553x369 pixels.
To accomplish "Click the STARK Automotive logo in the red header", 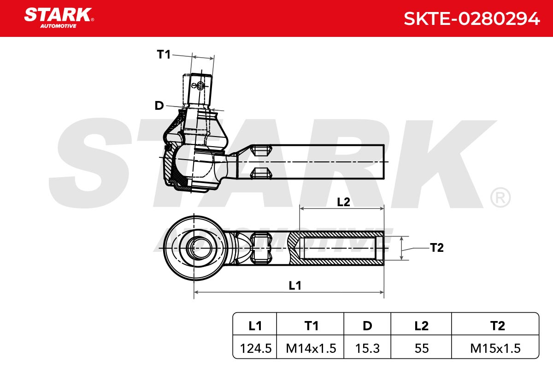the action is [x=59, y=18].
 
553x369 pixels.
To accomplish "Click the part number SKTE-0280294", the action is [x=471, y=19].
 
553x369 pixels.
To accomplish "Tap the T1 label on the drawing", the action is [x=164, y=54].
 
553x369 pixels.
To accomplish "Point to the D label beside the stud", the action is [x=159, y=106].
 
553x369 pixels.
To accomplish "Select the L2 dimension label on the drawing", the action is [x=343, y=202].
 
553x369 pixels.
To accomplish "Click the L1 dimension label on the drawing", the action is [x=295, y=286].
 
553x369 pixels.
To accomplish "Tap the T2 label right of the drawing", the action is [x=437, y=248].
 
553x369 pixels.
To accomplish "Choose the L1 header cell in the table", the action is [x=255, y=326].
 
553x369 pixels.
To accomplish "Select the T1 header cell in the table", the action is [x=312, y=326].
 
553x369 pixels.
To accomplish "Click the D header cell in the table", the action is [x=367, y=326].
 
